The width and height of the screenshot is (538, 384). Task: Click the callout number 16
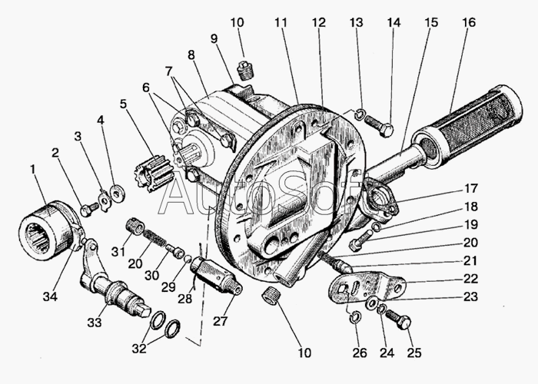469,22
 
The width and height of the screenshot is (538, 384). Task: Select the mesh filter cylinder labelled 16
468,127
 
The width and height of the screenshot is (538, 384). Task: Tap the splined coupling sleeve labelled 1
45,230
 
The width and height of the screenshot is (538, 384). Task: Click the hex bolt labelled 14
380,125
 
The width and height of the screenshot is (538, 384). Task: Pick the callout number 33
95,323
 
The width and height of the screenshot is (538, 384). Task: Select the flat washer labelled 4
118,193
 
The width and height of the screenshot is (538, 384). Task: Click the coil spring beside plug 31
152,237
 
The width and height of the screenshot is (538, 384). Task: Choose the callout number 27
220,321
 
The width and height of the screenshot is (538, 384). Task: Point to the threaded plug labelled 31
134,227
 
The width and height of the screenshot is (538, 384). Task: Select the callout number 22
470,279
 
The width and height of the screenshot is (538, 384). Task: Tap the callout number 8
191,55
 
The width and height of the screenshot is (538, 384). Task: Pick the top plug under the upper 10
244,71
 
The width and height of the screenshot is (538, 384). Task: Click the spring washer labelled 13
360,114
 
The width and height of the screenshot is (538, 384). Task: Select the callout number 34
50,296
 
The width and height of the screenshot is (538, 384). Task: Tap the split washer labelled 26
354,318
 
